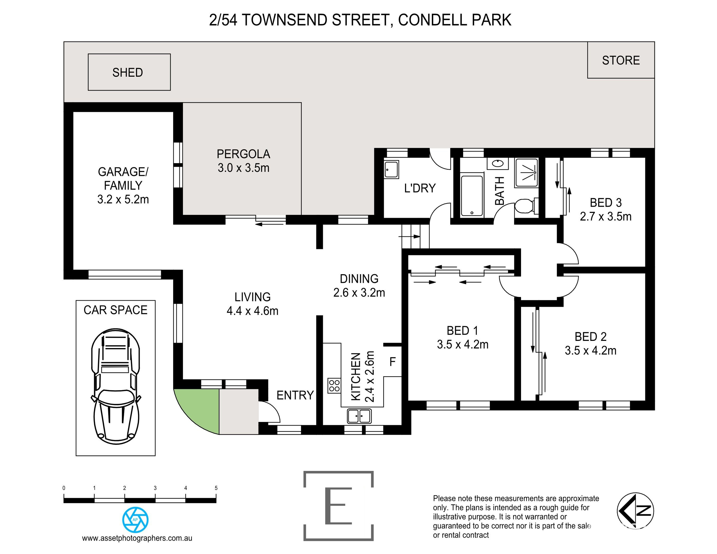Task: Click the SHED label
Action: [x=127, y=73]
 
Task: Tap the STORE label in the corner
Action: [x=621, y=60]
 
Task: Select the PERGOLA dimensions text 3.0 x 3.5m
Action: [x=243, y=168]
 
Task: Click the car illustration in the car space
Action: [x=115, y=386]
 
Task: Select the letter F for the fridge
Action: [x=392, y=362]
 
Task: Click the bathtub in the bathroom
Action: [x=472, y=195]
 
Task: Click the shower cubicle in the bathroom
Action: [x=526, y=173]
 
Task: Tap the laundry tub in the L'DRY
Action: [x=391, y=169]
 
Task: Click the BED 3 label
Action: [x=605, y=203]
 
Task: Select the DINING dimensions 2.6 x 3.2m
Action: [x=359, y=292]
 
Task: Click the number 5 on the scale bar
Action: [x=216, y=488]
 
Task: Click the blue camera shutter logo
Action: [x=135, y=520]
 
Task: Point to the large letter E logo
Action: [x=338, y=506]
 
